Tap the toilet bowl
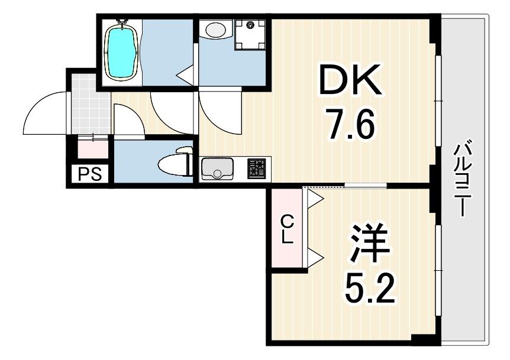tap(175, 163)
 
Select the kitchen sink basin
tap(217, 168)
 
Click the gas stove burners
tap(257, 168)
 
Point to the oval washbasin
tap(215, 31)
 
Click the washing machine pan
tap(250, 34)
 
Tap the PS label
tap(90, 174)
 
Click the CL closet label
tap(288, 231)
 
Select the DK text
tap(350, 80)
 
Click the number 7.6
tap(350, 124)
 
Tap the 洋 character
tap(369, 243)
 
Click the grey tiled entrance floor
tap(90, 105)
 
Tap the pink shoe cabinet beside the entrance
tap(93, 148)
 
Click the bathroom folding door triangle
tap(185, 75)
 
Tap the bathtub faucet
tap(122, 21)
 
